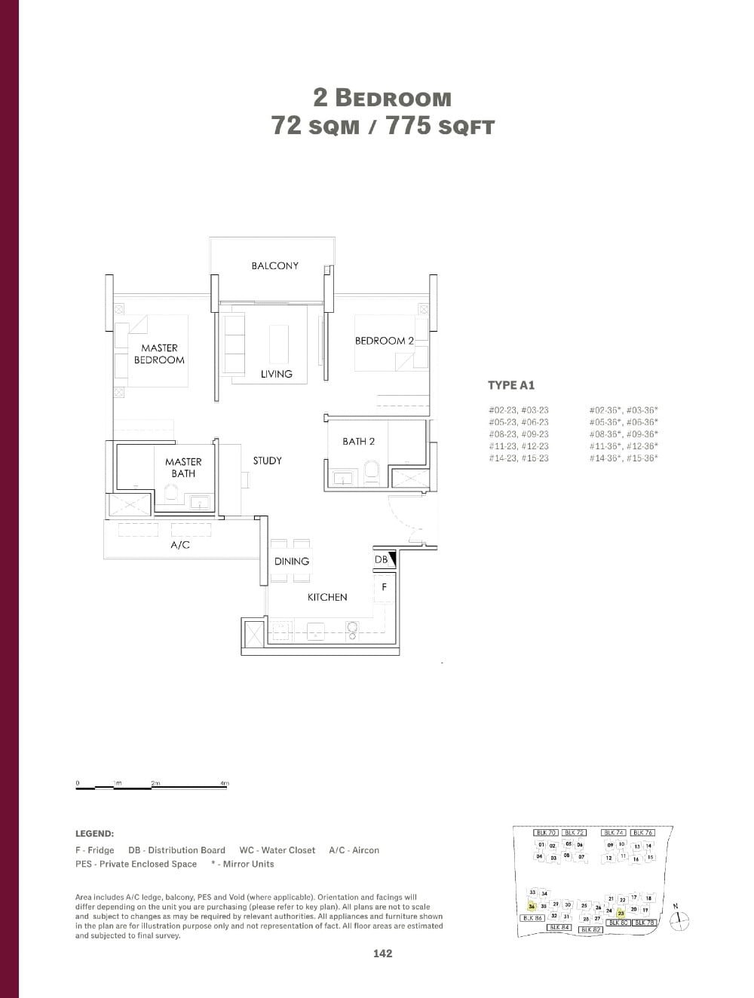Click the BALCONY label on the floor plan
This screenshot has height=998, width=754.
(274, 265)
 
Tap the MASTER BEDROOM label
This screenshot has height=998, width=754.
(159, 354)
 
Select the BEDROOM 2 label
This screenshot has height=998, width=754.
(384, 341)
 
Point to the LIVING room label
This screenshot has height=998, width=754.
(277, 374)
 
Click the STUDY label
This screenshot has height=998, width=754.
(267, 461)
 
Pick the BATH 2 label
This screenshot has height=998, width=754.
(358, 441)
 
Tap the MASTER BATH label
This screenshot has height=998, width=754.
(183, 467)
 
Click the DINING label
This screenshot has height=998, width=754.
(292, 561)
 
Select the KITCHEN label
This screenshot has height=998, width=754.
(327, 597)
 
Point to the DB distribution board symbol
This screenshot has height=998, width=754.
(385, 559)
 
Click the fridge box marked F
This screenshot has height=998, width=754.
(384, 586)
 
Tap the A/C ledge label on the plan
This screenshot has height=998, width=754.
(180, 545)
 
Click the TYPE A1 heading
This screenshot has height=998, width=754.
(511, 385)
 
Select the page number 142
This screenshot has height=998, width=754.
(382, 954)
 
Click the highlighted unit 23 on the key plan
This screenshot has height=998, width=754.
(621, 913)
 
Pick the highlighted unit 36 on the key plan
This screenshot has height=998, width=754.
(532, 907)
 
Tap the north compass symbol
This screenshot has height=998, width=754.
(681, 918)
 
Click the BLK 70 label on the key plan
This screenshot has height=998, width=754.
(545, 833)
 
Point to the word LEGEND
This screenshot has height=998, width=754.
(94, 834)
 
